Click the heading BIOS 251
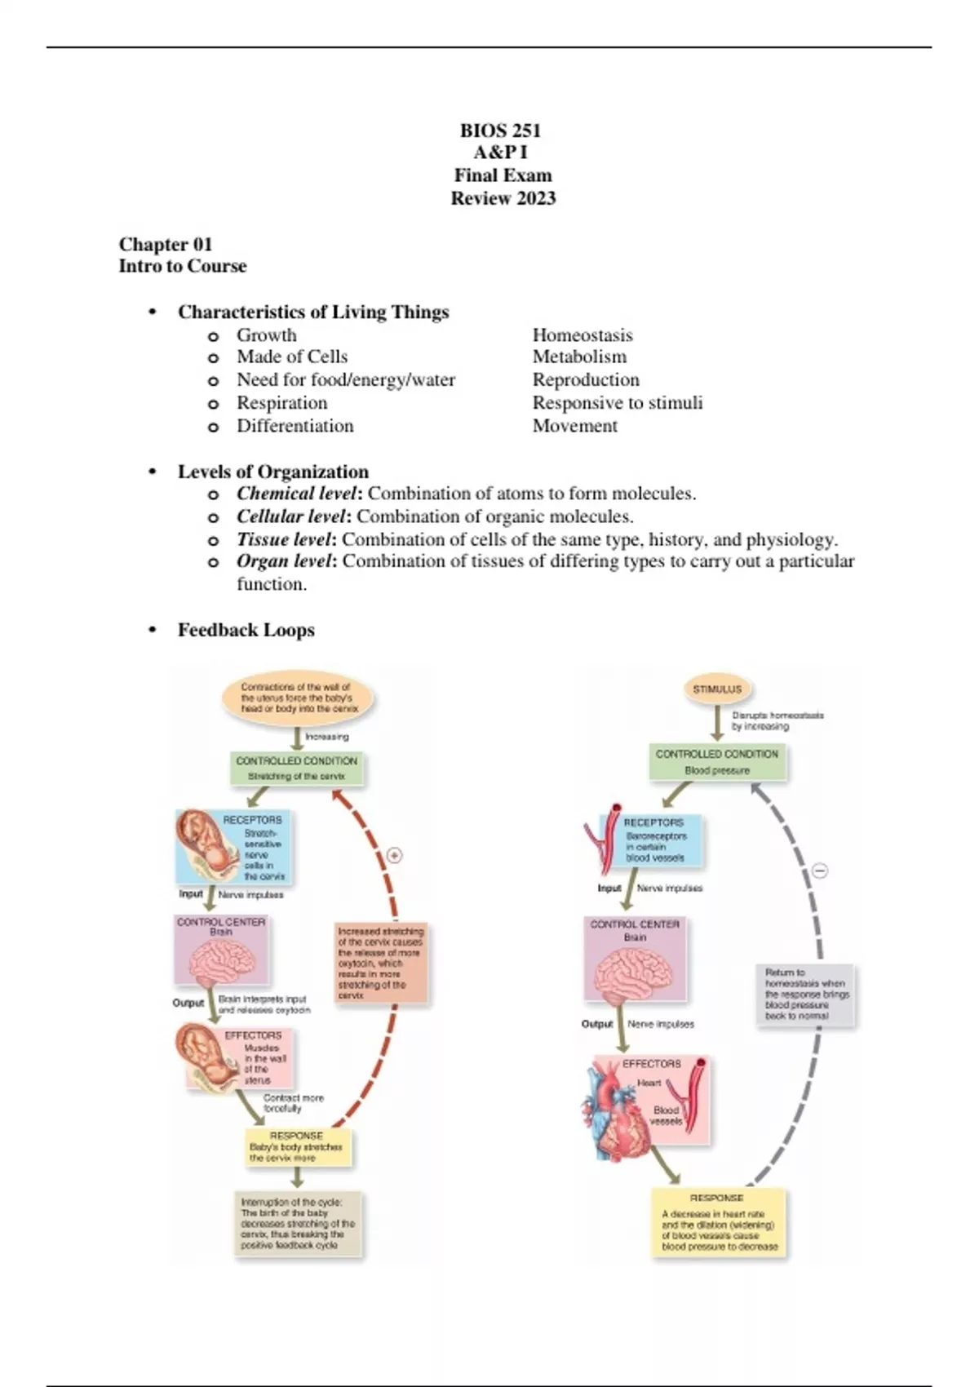click(x=500, y=131)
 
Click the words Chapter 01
click(x=166, y=244)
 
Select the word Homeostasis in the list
click(x=582, y=335)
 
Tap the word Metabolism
click(x=579, y=357)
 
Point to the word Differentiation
click(x=295, y=426)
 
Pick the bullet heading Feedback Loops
click(x=246, y=630)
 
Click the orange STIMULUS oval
click(x=717, y=689)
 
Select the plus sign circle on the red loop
click(x=395, y=856)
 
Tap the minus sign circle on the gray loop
click(x=820, y=871)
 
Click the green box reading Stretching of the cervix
click(x=296, y=769)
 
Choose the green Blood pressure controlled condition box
click(x=717, y=762)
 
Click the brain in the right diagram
click(x=634, y=975)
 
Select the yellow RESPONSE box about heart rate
click(x=719, y=1224)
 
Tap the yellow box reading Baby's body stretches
click(x=297, y=1147)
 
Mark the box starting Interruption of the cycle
click(x=298, y=1224)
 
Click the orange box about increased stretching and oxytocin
click(x=381, y=963)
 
